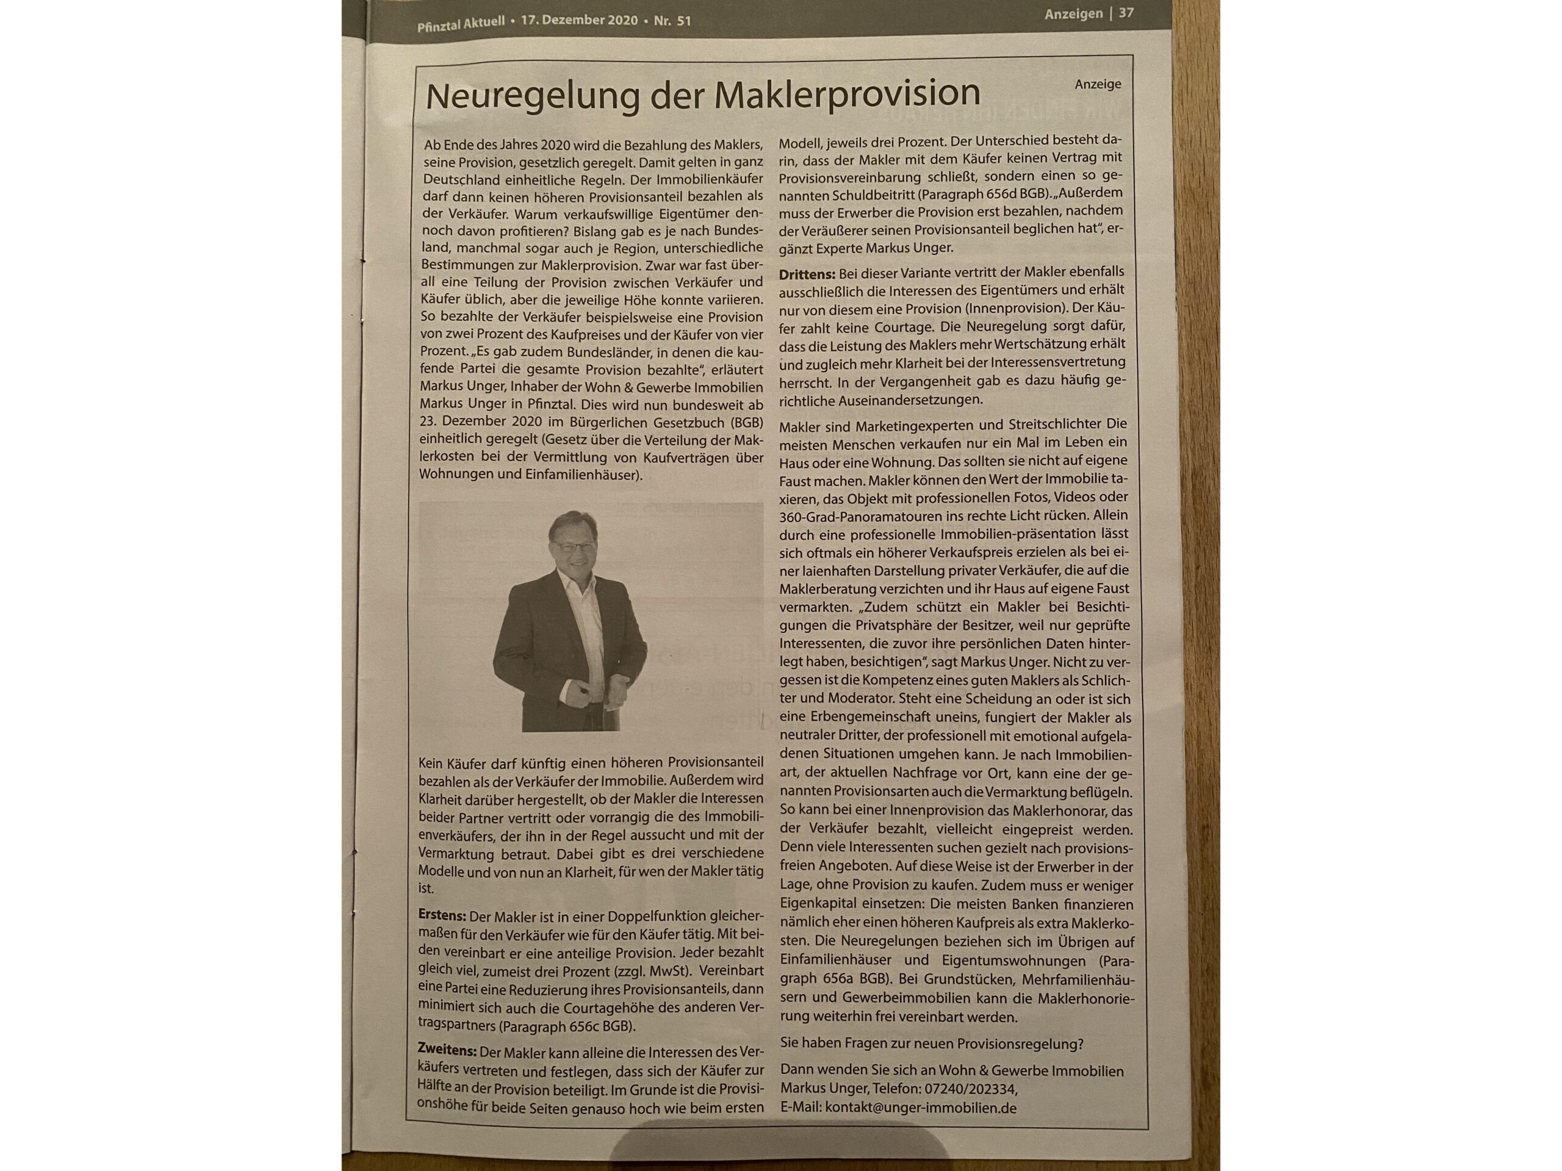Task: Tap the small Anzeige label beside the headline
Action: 1097,84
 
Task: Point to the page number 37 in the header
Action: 1126,13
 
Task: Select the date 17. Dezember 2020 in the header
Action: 579,21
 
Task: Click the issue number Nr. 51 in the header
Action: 672,21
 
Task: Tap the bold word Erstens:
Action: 442,915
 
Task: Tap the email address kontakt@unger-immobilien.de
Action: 920,1108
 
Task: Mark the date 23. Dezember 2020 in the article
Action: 480,421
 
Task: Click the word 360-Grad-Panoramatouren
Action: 852,516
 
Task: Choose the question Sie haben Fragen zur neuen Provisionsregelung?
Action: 930,1044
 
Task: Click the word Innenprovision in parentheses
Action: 1024,308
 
